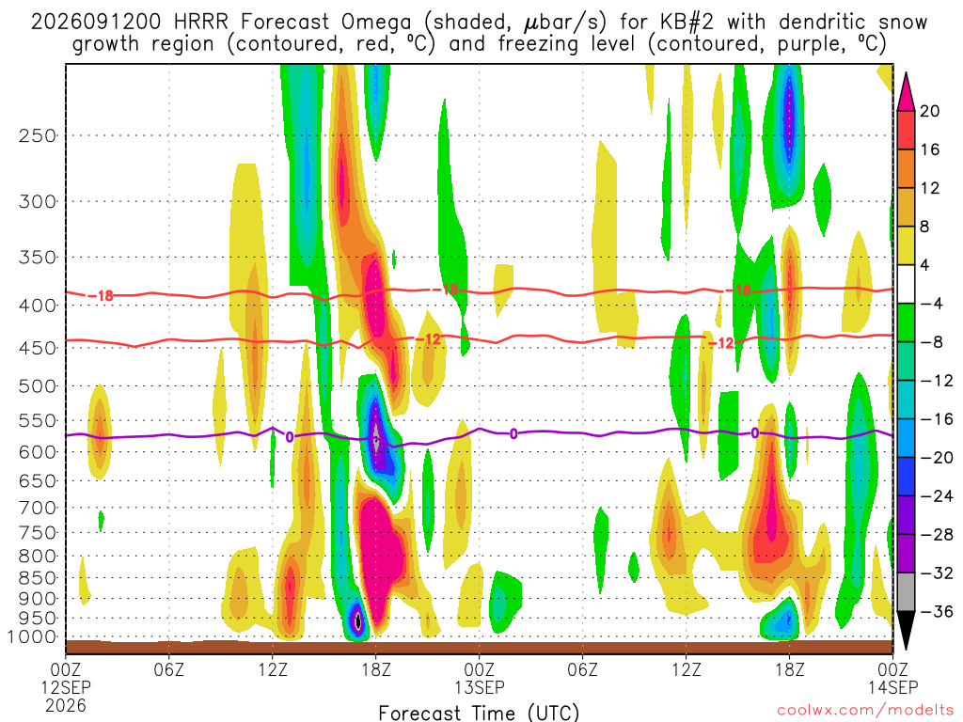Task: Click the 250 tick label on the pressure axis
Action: coord(37,135)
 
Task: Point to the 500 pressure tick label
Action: coord(37,386)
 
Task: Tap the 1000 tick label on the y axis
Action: coord(33,637)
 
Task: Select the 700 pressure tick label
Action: coord(37,508)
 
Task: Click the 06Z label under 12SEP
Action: coord(169,668)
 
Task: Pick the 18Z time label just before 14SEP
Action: coord(789,668)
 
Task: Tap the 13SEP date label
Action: coord(480,687)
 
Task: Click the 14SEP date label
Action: coord(893,687)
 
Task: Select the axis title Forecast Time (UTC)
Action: coord(479,713)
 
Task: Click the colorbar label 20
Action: coord(929,111)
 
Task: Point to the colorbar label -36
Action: coord(936,611)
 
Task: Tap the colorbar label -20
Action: coord(936,458)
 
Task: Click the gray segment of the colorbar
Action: coord(906,592)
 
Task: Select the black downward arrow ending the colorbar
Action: coord(906,630)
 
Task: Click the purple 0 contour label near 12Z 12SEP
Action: coord(290,437)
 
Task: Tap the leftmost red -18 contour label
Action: coord(102,296)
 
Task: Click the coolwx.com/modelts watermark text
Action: coord(865,711)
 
